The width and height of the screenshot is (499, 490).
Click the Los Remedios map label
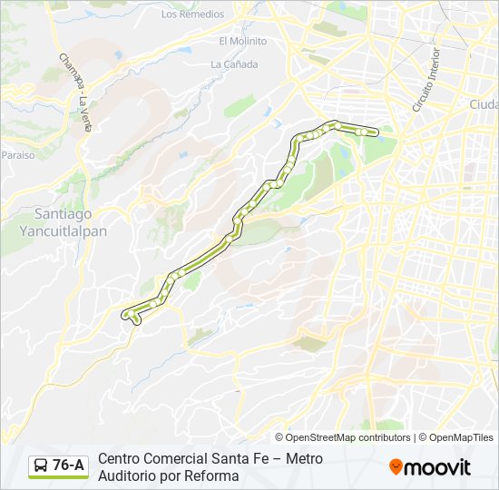(192, 15)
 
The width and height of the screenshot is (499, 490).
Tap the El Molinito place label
(242, 41)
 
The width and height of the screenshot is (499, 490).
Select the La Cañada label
(234, 64)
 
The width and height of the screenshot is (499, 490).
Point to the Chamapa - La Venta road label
(75, 92)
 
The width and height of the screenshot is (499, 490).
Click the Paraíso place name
(17, 155)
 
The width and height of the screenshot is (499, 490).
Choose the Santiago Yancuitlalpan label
(63, 222)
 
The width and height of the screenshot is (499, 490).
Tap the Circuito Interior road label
(426, 82)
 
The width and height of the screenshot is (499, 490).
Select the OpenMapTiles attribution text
(462, 437)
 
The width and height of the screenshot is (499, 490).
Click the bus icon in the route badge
(41, 466)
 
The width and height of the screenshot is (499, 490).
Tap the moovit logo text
(438, 467)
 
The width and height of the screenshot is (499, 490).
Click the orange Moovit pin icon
(396, 466)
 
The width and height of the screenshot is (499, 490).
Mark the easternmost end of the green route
(374, 132)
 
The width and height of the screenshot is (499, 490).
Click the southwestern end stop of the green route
(126, 314)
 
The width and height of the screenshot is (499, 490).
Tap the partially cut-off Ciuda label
(483, 104)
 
